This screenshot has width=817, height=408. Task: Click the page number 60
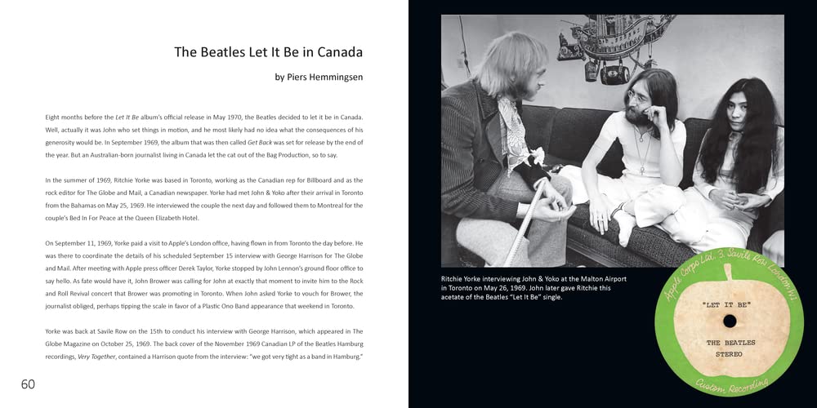(x=28, y=384)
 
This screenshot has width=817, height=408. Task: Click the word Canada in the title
(x=337, y=52)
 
